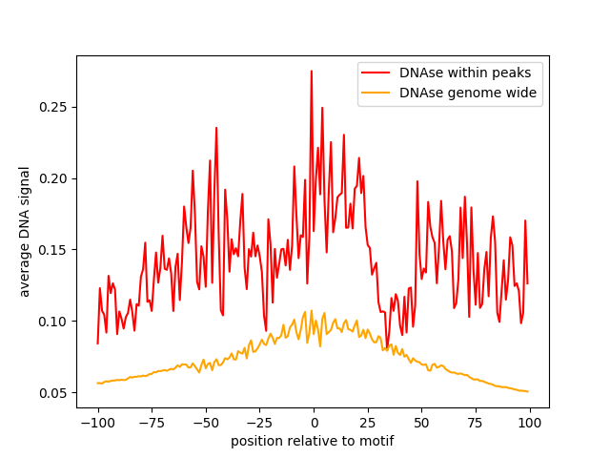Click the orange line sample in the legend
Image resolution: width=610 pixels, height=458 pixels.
tap(377, 94)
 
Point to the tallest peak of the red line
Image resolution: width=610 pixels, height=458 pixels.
tap(311, 71)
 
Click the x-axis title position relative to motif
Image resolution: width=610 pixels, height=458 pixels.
tap(312, 441)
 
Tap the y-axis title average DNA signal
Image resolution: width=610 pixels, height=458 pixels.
tap(26, 232)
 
